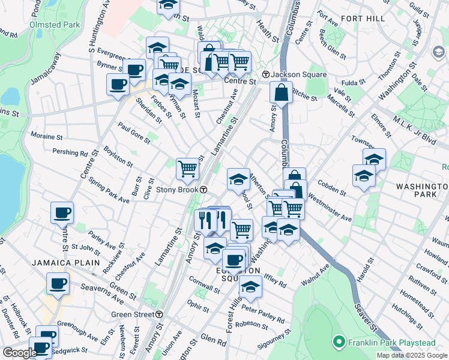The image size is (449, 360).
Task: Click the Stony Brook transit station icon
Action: coord(204,190)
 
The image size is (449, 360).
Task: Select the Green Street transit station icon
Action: coord(159,314)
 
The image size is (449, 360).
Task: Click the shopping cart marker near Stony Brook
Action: coord(187,169)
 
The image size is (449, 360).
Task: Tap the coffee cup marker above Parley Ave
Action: coord(62,212)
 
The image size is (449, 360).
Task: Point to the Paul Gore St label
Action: coord(134,133)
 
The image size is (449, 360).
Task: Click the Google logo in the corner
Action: coord(20,353)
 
